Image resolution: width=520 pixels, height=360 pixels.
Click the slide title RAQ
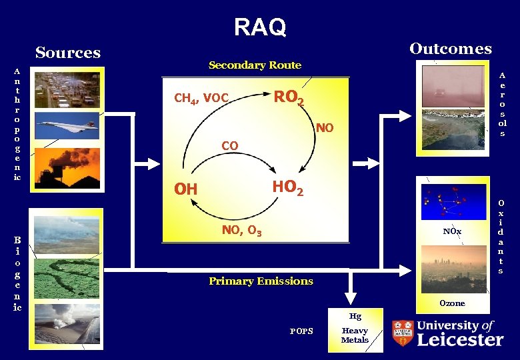click(260, 27)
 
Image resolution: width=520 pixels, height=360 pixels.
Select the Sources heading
click(68, 53)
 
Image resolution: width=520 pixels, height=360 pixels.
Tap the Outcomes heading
click(451, 49)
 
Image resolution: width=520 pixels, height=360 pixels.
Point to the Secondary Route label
click(255, 65)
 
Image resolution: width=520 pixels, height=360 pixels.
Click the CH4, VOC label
click(201, 99)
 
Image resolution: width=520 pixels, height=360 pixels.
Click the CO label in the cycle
click(229, 145)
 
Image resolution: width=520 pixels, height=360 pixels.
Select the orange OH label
click(185, 190)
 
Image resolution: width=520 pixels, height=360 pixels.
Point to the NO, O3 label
click(241, 231)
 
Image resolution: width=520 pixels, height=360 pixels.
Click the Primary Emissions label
click(261, 281)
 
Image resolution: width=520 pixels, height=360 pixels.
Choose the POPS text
click(301, 331)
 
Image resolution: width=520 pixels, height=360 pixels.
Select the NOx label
click(452, 231)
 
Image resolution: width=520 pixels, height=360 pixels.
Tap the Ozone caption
click(452, 303)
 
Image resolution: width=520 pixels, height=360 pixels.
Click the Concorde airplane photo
click(67, 125)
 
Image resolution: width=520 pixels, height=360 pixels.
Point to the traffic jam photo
click(67, 88)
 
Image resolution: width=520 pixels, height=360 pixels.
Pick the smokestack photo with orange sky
click(67, 165)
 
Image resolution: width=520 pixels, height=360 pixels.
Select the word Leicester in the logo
click(460, 340)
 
